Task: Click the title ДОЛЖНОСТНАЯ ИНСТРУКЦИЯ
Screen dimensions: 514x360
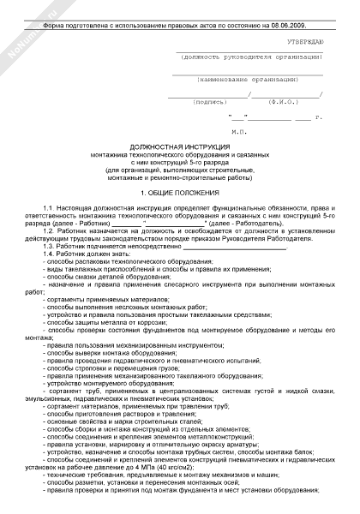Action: (179, 146)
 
